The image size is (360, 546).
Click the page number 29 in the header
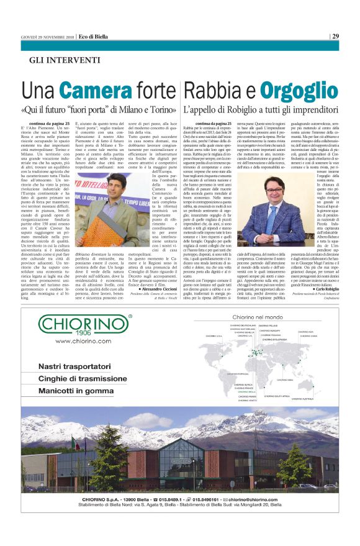(335, 36)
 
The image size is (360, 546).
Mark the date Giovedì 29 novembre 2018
(48, 36)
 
